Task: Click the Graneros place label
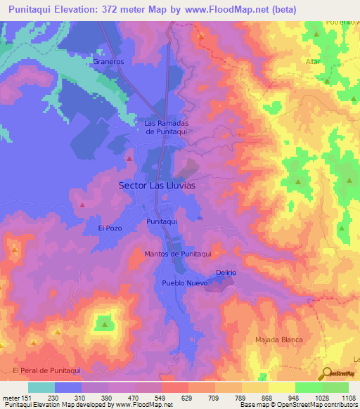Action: click(108, 61)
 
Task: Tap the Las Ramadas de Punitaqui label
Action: click(166, 126)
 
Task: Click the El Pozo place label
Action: click(110, 228)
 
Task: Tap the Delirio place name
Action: click(226, 272)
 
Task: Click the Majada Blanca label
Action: click(278, 339)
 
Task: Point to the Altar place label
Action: click(313, 62)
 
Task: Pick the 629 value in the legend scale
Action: click(188, 397)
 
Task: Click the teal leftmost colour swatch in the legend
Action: click(41, 387)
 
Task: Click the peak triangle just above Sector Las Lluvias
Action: click(129, 159)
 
